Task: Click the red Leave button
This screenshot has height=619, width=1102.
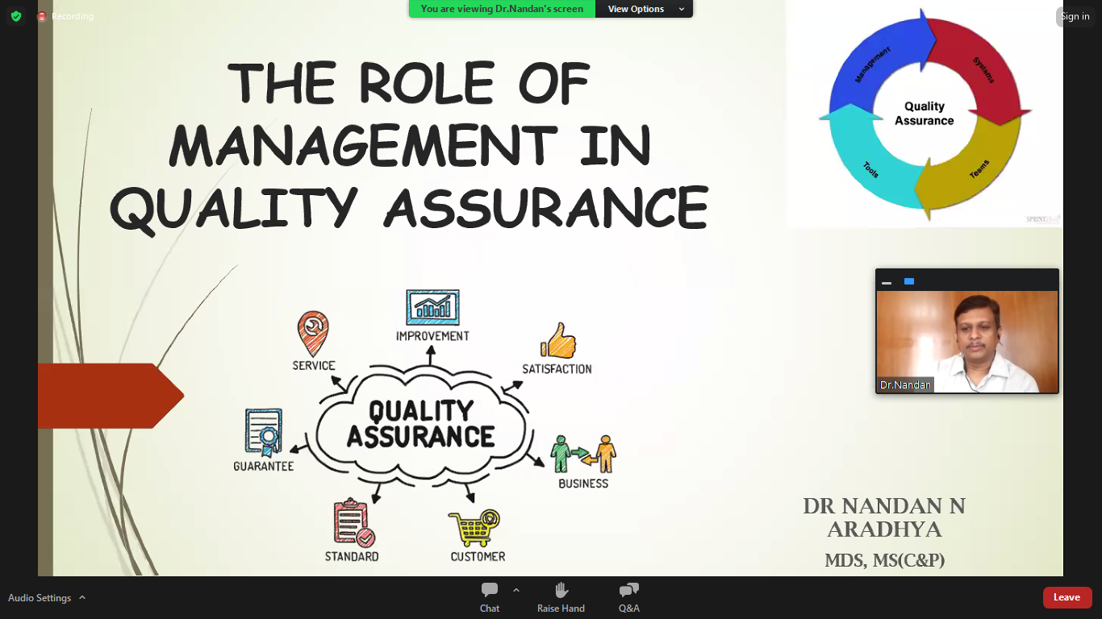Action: (1067, 597)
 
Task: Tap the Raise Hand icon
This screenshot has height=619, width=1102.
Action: (561, 590)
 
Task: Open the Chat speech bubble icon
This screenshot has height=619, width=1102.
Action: (490, 589)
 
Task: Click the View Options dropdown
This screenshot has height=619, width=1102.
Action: (644, 9)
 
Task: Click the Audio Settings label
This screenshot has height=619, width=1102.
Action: (40, 598)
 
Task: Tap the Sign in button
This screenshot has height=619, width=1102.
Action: (1075, 16)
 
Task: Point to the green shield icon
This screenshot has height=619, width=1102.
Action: (16, 16)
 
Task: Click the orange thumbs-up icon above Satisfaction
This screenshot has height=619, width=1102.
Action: (558, 340)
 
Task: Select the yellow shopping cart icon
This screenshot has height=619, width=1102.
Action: (474, 528)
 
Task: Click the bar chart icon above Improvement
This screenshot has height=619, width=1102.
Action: (432, 308)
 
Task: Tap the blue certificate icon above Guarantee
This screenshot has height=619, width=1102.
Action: (264, 433)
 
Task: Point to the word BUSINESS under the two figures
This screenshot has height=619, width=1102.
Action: (583, 484)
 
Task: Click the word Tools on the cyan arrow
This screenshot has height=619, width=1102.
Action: (870, 169)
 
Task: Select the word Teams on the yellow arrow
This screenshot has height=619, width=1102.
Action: (979, 169)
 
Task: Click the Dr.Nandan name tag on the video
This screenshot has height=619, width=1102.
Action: (905, 385)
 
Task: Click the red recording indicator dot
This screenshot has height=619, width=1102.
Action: (42, 16)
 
